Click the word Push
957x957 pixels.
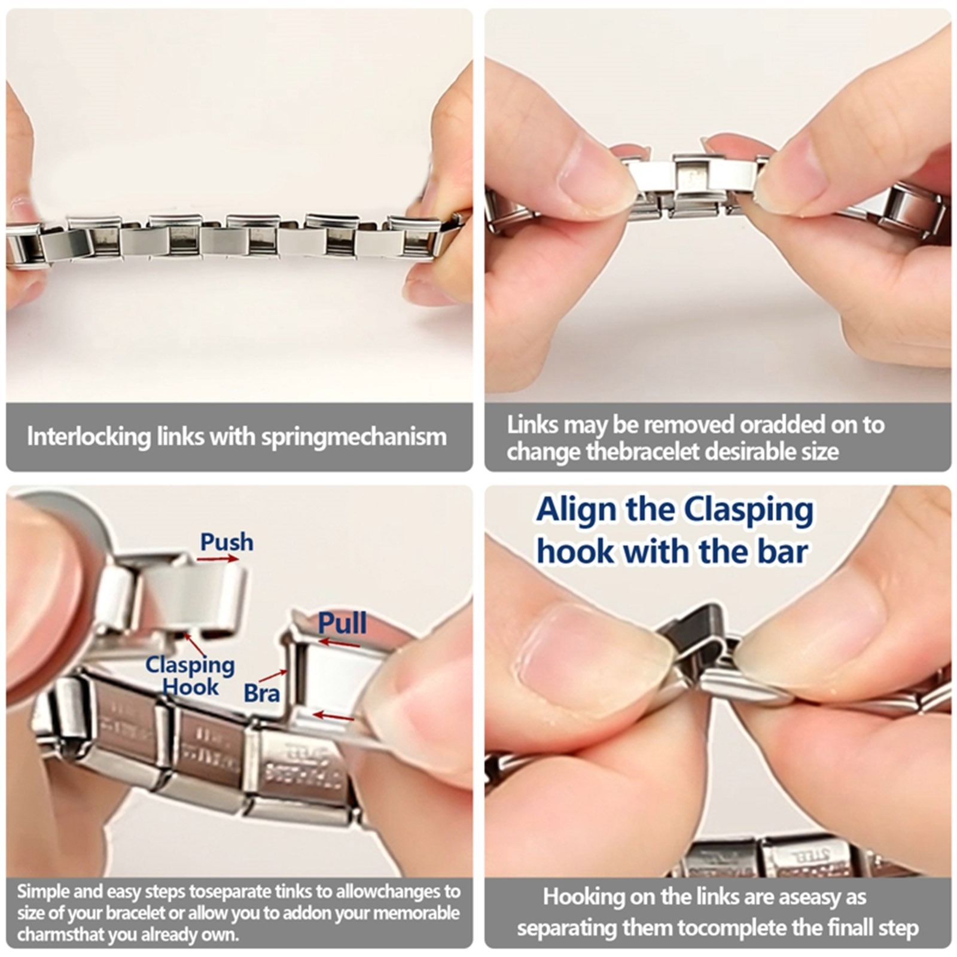(227, 542)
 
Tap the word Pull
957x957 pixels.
(342, 623)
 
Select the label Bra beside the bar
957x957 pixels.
(261, 693)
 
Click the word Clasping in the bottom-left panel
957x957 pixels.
(190, 665)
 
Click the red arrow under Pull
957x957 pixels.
(339, 644)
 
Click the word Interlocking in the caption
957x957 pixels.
(88, 437)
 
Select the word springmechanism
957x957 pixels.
(354, 437)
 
